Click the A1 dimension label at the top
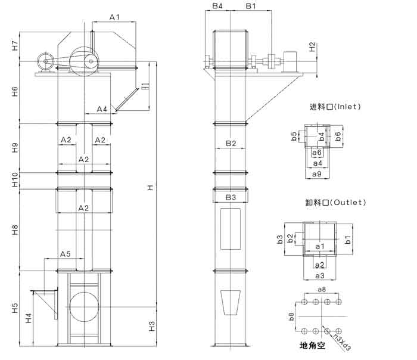tap(114, 18)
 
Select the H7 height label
tap(15, 46)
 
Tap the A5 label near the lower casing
tap(66, 254)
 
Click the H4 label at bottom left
tap(28, 319)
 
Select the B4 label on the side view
tap(217, 6)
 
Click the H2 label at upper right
tap(312, 47)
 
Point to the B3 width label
tap(231, 197)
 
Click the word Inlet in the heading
tap(348, 107)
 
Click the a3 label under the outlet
tap(319, 275)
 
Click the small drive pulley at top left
tap(45, 61)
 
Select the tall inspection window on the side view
tap(231, 229)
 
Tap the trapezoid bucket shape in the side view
tap(231, 303)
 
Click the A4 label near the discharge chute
tap(102, 109)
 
